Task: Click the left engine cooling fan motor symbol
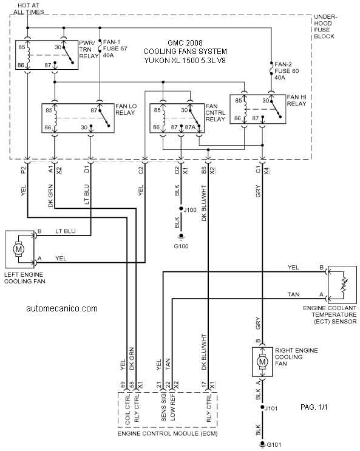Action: tap(19, 249)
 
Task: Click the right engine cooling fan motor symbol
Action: tap(262, 362)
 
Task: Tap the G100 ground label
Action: tap(182, 246)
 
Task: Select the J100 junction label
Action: tap(190, 210)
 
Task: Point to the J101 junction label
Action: tap(271, 409)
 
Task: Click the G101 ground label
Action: tap(274, 445)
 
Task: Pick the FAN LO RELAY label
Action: tap(126, 109)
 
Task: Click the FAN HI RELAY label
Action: tap(297, 100)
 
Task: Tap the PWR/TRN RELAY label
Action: tap(89, 50)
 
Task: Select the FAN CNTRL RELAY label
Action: tap(216, 113)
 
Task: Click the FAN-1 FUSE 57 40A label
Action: tap(115, 49)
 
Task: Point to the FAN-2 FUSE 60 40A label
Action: tap(287, 71)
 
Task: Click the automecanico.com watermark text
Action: tap(62, 308)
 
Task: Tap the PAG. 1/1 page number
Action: tap(314, 407)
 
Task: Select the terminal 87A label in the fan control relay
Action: tap(190, 127)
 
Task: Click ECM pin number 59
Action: tap(123, 385)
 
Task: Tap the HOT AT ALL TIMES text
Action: tap(29, 8)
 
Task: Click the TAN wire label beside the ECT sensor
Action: tap(294, 294)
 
